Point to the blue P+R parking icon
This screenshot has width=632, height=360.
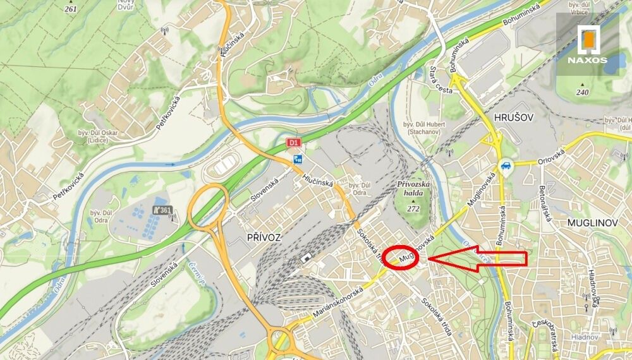(x=297, y=160)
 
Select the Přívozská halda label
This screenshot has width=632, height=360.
(x=413, y=189)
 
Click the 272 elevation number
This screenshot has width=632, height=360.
(x=413, y=208)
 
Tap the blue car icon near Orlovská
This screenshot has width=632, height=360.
(x=506, y=167)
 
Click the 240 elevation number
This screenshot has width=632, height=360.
(x=582, y=92)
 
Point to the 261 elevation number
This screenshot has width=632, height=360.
(x=71, y=9)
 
